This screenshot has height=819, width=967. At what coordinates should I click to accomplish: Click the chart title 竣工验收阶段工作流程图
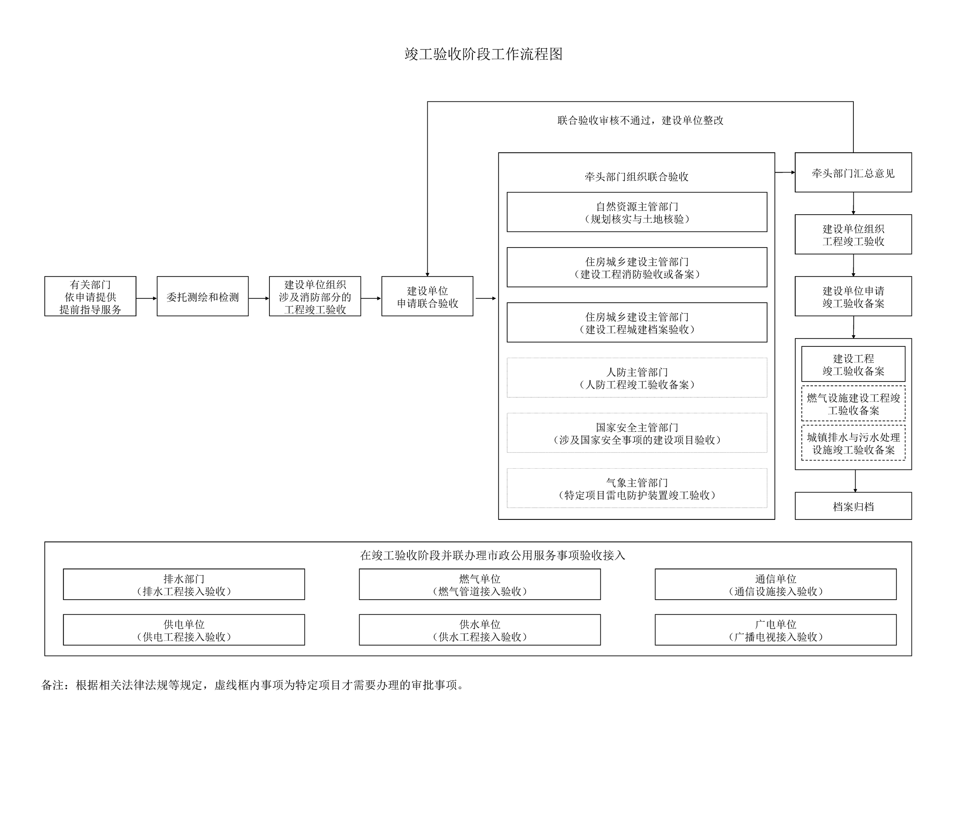coord(483,54)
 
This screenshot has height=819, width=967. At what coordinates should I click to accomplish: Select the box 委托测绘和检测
coord(203,296)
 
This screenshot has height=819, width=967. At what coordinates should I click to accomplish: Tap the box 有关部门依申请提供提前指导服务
coord(90,296)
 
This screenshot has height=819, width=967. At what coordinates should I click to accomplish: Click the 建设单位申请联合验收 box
coord(427,296)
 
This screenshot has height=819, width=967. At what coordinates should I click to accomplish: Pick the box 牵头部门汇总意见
coord(853,172)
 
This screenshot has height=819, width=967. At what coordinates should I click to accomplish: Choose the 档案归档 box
coord(853,506)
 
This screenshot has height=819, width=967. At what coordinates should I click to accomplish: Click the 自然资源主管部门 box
coord(637,212)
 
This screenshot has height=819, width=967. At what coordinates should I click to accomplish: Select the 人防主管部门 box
coord(637,378)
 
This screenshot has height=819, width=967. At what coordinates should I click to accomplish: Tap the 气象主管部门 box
coord(637,488)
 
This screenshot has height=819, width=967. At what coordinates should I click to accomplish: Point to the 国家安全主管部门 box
coord(637,433)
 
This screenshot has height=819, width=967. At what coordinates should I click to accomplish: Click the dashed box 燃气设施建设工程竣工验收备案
coord(853,404)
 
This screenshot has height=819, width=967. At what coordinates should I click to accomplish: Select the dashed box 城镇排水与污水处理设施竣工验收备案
coord(853,443)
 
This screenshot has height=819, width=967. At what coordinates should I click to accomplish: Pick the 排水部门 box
coord(184,584)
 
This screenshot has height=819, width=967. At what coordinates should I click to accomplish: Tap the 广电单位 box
coord(776,630)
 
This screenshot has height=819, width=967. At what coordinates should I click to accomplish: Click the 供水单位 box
coord(480,630)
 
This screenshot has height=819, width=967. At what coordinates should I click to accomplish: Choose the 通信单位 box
coord(776,584)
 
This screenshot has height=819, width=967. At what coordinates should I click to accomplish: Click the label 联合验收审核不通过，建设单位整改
coord(640,120)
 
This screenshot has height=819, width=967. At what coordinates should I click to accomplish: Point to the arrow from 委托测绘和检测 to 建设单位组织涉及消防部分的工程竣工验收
coord(259,298)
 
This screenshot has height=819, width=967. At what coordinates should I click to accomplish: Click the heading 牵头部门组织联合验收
coord(636,176)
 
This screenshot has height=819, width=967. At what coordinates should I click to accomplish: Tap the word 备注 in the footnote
coord(52,685)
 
